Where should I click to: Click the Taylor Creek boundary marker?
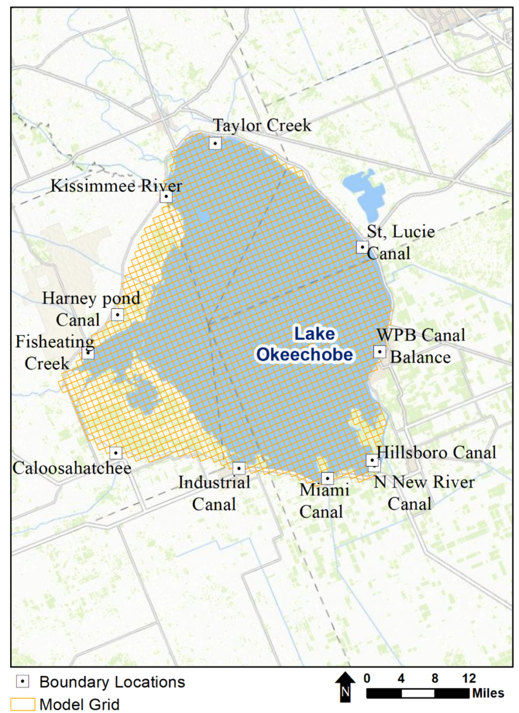(x=215, y=143)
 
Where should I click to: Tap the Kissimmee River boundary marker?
(x=166, y=196)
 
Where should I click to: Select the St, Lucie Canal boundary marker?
(x=362, y=247)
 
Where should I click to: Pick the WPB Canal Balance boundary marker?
(x=379, y=352)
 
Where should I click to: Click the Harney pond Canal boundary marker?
(x=117, y=314)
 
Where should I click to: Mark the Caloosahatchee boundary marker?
(x=116, y=453)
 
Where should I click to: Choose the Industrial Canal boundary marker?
(x=239, y=468)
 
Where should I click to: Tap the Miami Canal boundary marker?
(x=327, y=478)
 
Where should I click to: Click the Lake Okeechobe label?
(x=305, y=345)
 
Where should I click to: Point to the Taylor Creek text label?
(x=262, y=125)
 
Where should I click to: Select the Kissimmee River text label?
(x=116, y=186)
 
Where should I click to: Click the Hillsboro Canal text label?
(x=436, y=453)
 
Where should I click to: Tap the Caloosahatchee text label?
(x=72, y=468)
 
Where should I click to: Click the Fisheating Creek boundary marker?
(x=88, y=352)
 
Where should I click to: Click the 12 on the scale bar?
(x=469, y=678)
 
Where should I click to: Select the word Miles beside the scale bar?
(x=488, y=693)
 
